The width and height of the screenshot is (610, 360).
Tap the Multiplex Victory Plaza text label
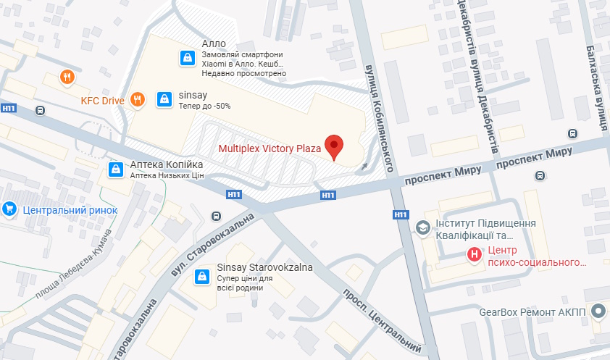tap(270, 149)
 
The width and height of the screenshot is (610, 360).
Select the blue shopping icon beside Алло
tap(187, 57)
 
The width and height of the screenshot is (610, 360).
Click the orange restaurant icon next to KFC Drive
tap(138, 100)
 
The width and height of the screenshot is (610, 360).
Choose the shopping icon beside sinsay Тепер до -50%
tap(164, 98)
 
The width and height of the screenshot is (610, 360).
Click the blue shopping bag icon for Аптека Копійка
tap(114, 169)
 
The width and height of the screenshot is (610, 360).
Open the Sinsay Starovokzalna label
tap(264, 267)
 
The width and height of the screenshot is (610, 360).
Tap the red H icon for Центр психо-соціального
tap(474, 254)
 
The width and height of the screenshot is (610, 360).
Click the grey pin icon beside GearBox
tap(598, 312)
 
